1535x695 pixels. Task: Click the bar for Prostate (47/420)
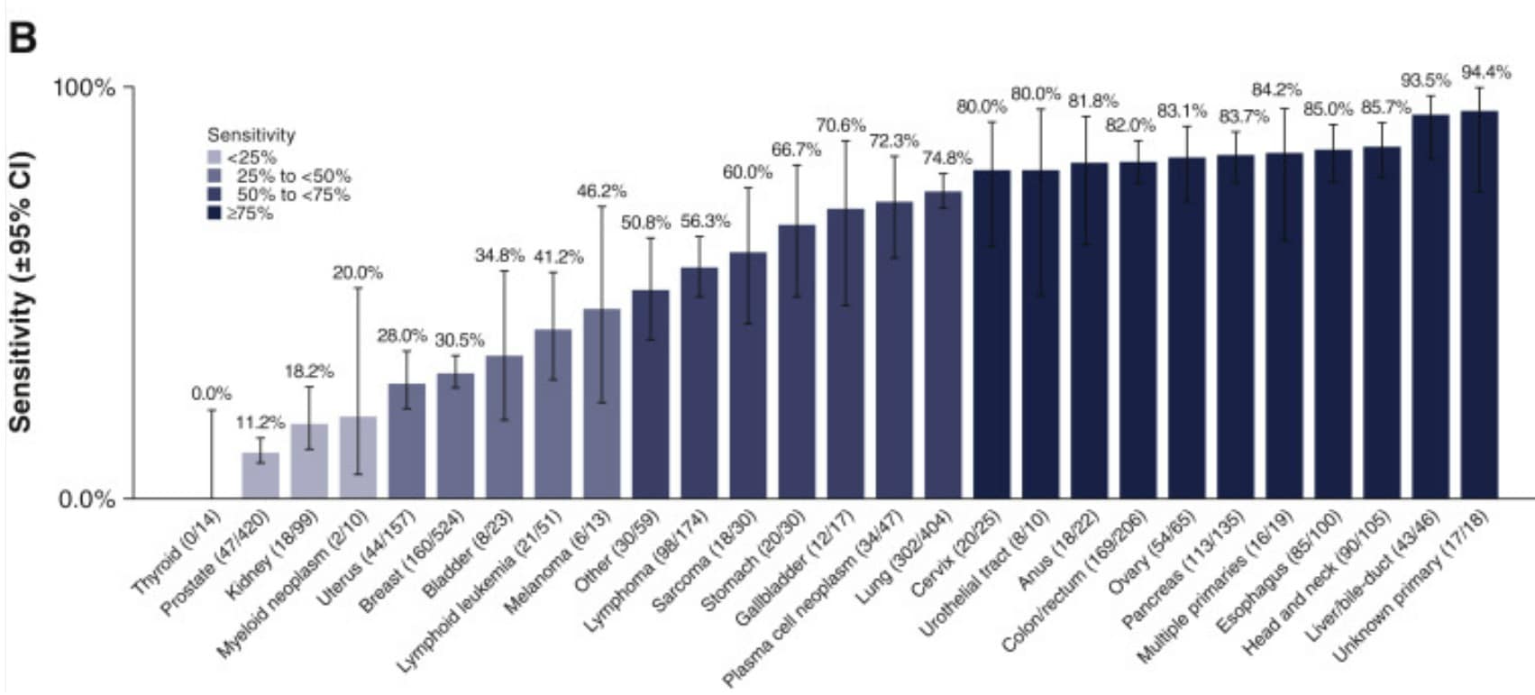point(260,475)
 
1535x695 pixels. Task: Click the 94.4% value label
point(1486,73)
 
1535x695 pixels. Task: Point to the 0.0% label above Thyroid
point(211,394)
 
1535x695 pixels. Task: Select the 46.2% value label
point(601,191)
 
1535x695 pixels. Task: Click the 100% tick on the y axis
point(84,88)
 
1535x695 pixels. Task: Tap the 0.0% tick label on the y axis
point(87,499)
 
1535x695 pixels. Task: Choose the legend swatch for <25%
point(214,158)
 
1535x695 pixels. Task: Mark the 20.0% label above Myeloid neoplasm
point(358,273)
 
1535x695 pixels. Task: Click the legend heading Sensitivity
point(251,135)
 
